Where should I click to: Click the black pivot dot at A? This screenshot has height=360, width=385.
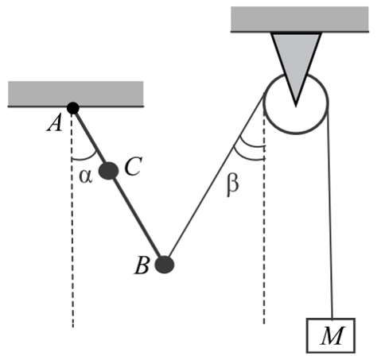coord(73,108)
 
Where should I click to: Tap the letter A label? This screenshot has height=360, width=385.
coord(55,124)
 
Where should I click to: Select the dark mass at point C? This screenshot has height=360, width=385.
coord(109,171)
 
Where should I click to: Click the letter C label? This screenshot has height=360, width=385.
coord(133,166)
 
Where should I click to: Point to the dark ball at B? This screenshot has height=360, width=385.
coord(165,265)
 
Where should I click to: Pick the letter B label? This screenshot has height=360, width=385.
coord(142,265)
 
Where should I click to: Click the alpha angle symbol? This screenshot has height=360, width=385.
coord(86,176)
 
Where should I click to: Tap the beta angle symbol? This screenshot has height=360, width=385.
coord(233,184)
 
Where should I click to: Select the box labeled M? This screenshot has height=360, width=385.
coord(331,335)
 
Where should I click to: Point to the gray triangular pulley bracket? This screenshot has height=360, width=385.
coord(296,66)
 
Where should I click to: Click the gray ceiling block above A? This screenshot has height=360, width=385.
coord(76,94)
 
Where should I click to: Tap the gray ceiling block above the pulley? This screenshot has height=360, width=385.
coord(300,19)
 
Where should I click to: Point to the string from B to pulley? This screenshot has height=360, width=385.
coord(216,176)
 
